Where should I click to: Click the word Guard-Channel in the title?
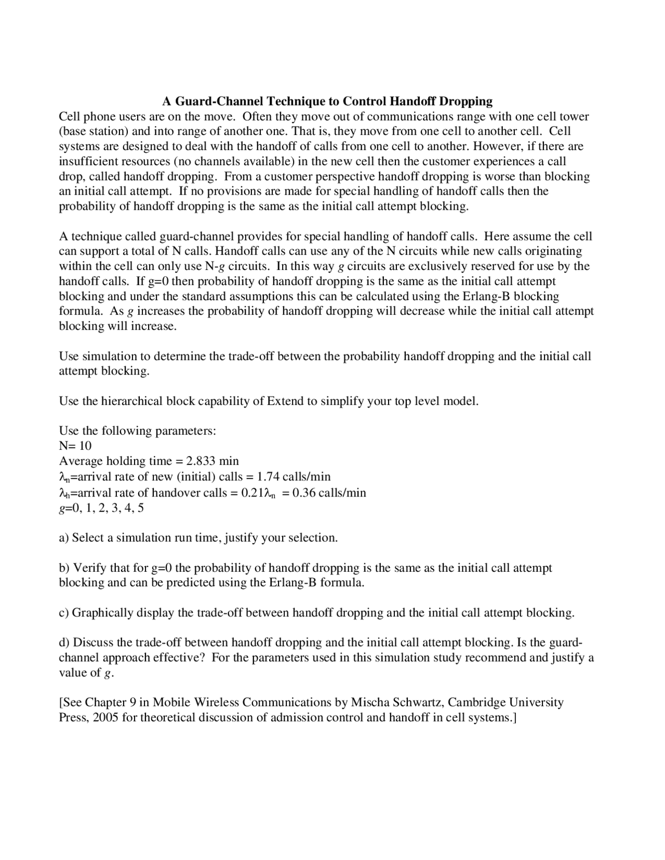(x=221, y=101)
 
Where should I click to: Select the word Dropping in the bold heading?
(x=465, y=101)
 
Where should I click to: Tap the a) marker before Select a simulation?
(x=64, y=538)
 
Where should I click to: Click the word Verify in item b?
(x=90, y=568)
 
